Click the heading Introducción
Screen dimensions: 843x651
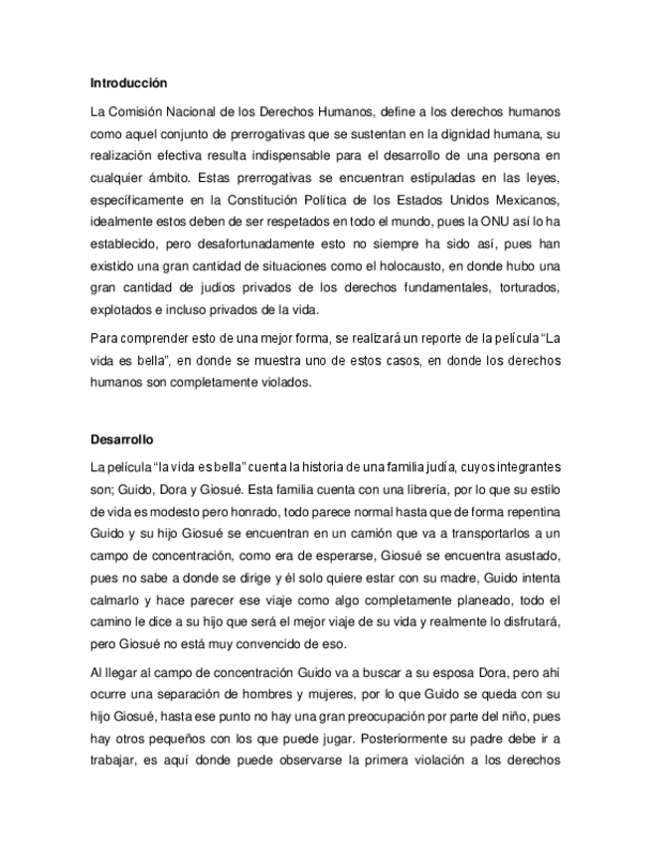tap(128, 82)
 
